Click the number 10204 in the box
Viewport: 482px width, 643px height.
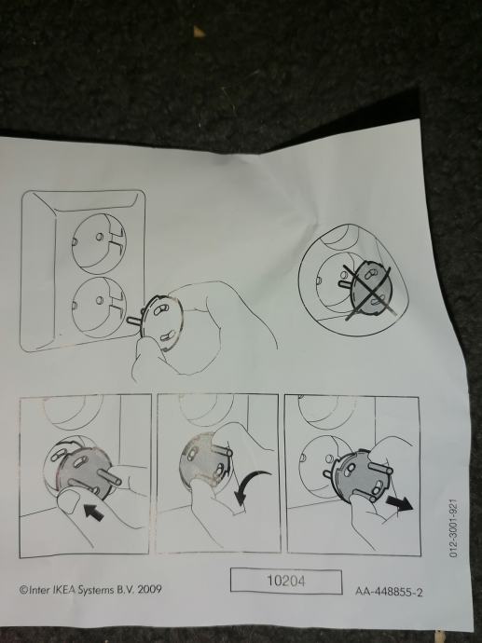pyautogui.click(x=286, y=581)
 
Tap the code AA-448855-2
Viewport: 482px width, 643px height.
pyautogui.click(x=389, y=592)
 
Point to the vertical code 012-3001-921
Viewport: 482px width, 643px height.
pyautogui.click(x=453, y=527)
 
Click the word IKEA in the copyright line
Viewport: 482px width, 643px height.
pyautogui.click(x=63, y=590)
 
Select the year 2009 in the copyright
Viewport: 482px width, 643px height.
pyautogui.click(x=149, y=589)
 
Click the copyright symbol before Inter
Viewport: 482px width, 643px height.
pyautogui.click(x=23, y=590)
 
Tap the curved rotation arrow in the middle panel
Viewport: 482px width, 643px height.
pyautogui.click(x=251, y=487)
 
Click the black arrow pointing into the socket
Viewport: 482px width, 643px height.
pyautogui.click(x=93, y=513)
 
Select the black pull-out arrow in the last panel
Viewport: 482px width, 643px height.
pyautogui.click(x=400, y=503)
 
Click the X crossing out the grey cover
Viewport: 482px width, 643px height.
pyautogui.click(x=367, y=292)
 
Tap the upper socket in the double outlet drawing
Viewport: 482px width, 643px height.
pyautogui.click(x=99, y=243)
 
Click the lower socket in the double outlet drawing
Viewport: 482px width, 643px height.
pyautogui.click(x=99, y=308)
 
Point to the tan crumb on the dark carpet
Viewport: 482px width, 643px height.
pyautogui.click(x=199, y=32)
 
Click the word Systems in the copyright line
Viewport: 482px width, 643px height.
pyautogui.click(x=96, y=590)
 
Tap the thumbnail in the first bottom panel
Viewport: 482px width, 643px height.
pyautogui.click(x=69, y=500)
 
